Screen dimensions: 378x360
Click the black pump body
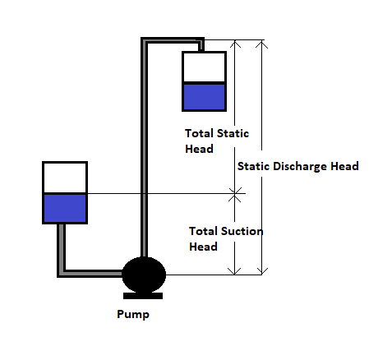point(144,275)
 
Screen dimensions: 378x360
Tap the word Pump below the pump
point(133,314)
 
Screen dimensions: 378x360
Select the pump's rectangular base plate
point(143,296)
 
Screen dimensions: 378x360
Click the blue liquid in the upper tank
point(204,97)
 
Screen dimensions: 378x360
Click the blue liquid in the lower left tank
point(65,208)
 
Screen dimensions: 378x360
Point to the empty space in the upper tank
point(204,67)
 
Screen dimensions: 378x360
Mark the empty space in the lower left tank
point(65,178)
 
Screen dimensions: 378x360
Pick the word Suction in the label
point(242,231)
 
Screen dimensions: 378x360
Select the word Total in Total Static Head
point(199,133)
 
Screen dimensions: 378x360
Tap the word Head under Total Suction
point(203,247)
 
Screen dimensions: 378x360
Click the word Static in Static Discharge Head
point(254,166)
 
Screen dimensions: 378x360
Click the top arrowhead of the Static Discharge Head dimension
point(262,44)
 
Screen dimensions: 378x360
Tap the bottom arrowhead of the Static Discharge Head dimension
point(262,271)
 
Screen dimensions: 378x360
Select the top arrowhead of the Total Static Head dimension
point(235,44)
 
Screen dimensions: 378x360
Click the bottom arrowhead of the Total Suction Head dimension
point(235,271)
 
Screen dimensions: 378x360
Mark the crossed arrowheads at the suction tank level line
point(235,195)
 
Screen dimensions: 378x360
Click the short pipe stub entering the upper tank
point(201,47)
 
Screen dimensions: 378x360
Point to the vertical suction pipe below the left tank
point(62,249)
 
